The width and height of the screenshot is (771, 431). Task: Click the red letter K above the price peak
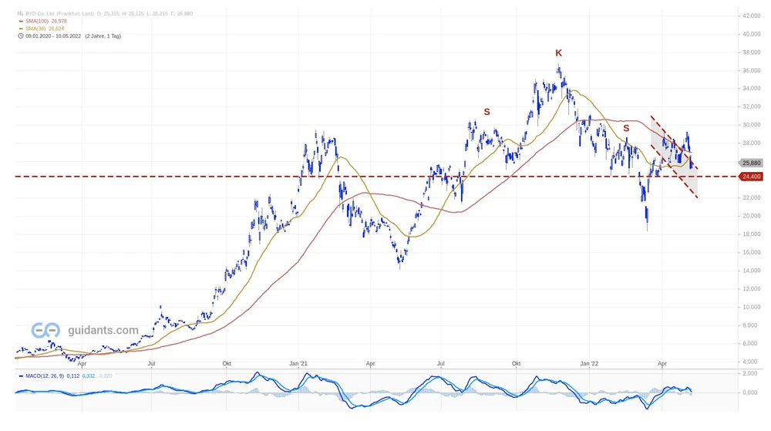(559, 52)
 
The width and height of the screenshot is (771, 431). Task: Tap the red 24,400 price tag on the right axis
(751, 177)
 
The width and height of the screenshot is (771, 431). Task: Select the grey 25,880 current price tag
(751, 163)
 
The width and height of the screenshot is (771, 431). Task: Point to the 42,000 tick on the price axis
(751, 15)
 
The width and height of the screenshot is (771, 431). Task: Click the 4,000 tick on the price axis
(751, 362)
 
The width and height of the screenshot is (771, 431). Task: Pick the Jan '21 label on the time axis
(299, 362)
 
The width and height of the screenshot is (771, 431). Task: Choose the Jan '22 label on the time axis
(589, 362)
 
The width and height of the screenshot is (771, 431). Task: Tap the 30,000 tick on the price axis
(751, 125)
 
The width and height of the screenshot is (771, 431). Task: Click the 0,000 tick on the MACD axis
(751, 392)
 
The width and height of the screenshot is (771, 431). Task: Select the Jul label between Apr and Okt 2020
(152, 362)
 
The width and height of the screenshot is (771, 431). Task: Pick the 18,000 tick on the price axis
(751, 234)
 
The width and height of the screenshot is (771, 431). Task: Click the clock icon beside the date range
(20, 36)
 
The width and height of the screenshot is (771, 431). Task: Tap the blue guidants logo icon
(45, 330)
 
